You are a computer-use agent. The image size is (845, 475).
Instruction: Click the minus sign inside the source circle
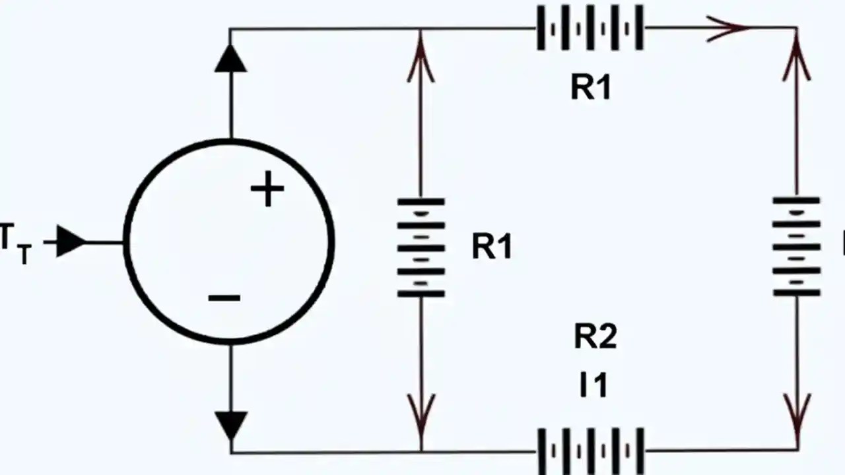pos(224,298)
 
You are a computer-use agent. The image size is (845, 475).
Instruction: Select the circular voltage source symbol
pos(229,242)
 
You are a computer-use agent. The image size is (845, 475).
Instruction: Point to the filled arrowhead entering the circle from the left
pos(70,242)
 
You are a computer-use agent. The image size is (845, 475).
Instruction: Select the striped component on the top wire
pos(590,28)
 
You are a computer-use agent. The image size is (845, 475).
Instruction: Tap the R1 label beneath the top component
pos(591,87)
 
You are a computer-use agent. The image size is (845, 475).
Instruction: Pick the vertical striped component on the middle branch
pos(421,247)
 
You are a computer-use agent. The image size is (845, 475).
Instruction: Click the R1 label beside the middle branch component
pos(492,247)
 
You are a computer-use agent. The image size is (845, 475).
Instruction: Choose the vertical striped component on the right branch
pos(797,246)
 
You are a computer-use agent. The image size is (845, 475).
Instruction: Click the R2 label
pos(595,336)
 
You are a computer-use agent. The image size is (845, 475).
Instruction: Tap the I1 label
pos(593,384)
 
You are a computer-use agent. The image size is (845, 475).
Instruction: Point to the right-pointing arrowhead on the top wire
pos(729,28)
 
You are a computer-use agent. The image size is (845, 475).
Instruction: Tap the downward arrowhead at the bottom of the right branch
pos(797,414)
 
